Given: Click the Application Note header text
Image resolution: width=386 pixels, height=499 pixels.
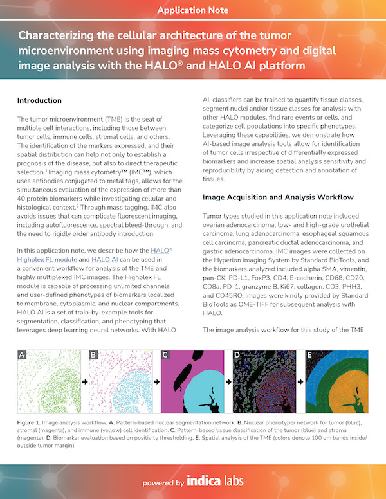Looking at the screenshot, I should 192,11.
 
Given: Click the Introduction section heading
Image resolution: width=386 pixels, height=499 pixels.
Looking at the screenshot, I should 39,101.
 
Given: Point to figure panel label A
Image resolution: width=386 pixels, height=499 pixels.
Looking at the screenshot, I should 22,355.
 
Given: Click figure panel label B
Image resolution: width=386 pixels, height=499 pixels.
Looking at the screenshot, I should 93,355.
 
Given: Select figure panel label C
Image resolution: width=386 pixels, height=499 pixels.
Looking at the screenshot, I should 165,355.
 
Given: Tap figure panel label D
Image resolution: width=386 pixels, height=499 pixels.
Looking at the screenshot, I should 237,355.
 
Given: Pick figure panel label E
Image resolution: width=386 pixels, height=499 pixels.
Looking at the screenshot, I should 309,355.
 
